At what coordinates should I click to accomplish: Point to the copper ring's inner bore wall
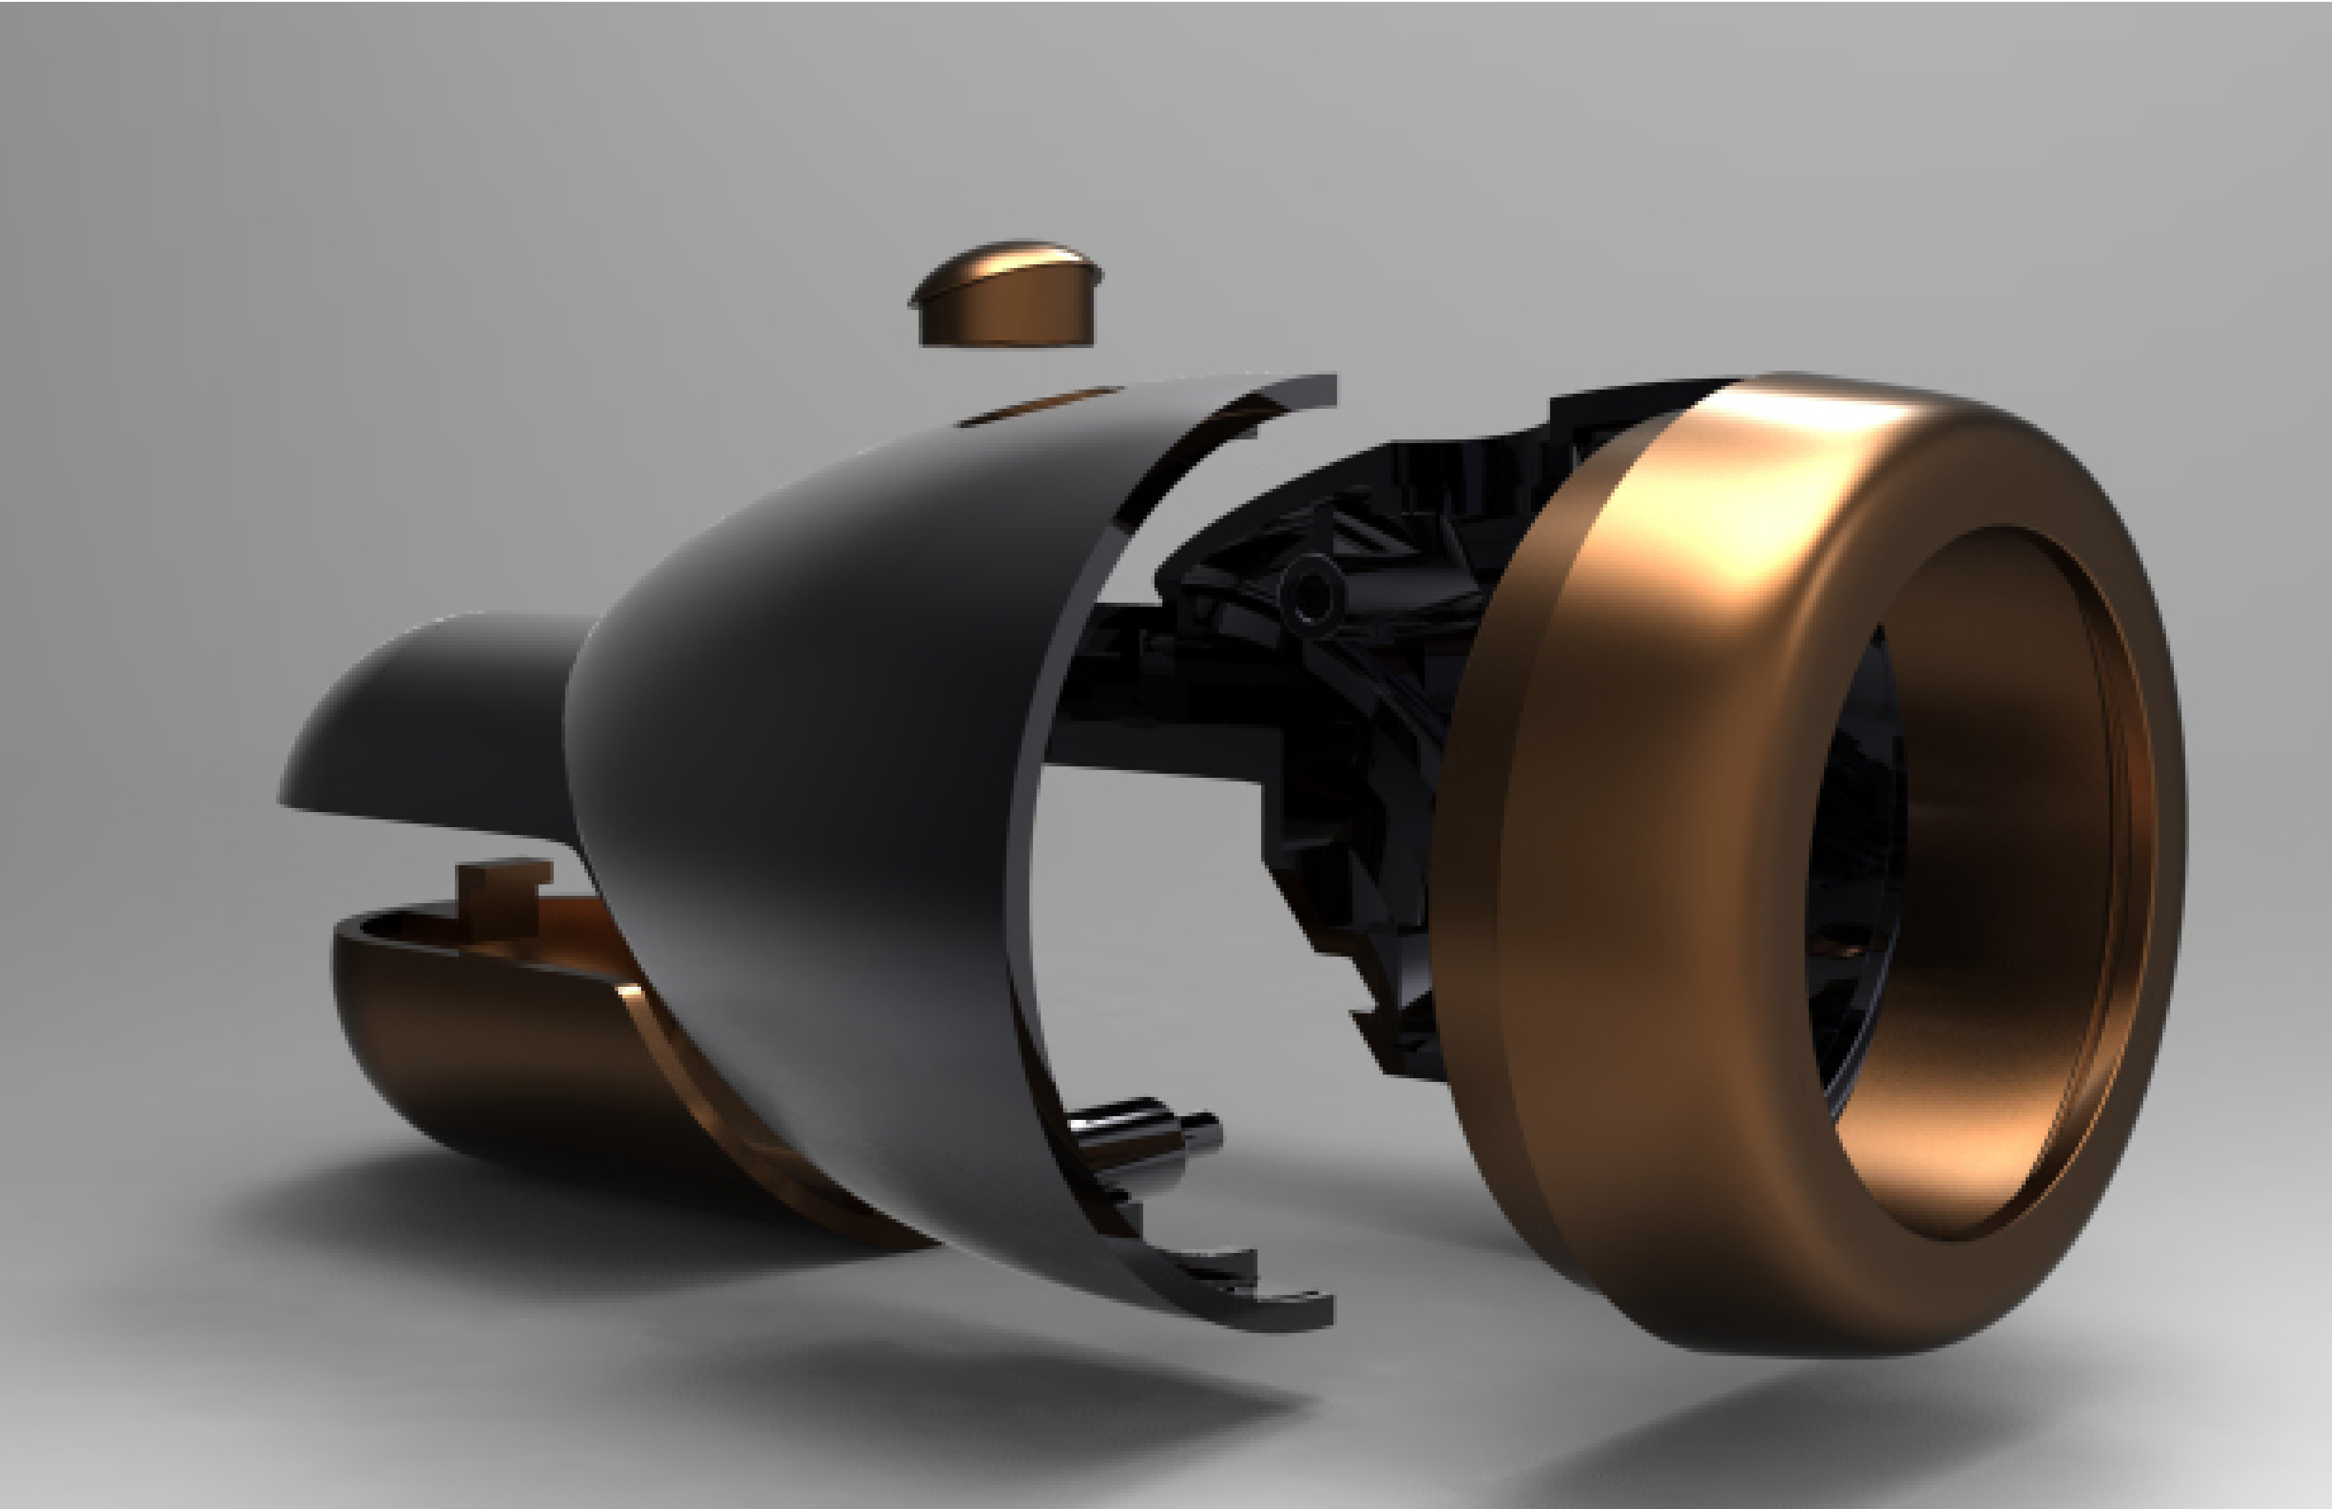pyautogui.click(x=1999, y=882)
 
